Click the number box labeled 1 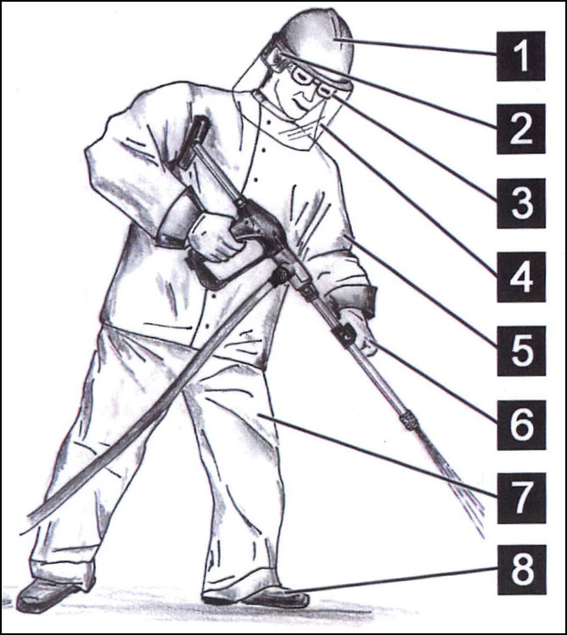point(521,56)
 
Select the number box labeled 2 point(521,129)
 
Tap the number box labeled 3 point(521,203)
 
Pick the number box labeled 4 point(521,277)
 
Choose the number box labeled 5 point(521,351)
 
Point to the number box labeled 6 point(521,425)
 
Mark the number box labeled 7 point(521,498)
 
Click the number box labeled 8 point(522,570)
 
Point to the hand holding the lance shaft point(356,332)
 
